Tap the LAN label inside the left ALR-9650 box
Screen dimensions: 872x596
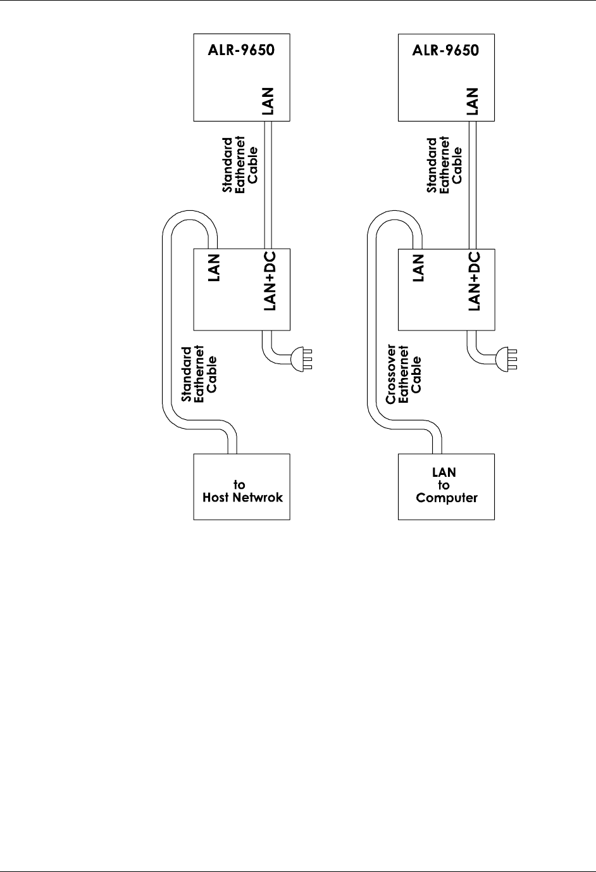270,101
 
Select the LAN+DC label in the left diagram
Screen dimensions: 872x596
270,281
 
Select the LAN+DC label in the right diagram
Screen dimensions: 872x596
475,281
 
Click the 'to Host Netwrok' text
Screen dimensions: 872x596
242,491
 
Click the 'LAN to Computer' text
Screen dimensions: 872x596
446,485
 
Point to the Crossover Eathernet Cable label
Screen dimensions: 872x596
404,374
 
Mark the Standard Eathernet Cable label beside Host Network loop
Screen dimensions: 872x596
199,374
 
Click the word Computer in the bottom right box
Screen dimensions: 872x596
447,498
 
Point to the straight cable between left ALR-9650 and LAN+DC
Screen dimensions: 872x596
268,184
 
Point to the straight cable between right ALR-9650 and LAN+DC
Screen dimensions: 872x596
473,184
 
